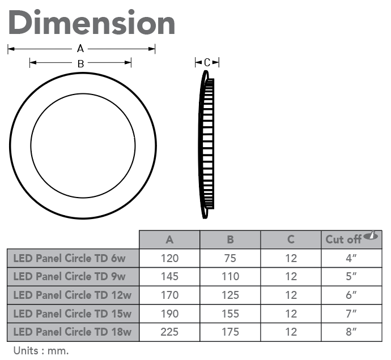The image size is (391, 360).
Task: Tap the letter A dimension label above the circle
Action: [x=80, y=49]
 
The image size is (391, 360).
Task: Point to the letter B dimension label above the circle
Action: [x=80, y=63]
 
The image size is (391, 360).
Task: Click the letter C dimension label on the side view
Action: [x=207, y=62]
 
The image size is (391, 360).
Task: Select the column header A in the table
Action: [x=169, y=239]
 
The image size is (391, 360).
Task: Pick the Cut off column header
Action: [x=343, y=239]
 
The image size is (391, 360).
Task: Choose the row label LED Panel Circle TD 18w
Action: [x=73, y=332]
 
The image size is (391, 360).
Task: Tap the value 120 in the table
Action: [x=169, y=259]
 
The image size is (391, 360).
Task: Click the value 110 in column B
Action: [x=230, y=277]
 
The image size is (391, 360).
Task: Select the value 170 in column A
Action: [x=169, y=295]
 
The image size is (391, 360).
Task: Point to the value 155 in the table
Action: [x=230, y=314]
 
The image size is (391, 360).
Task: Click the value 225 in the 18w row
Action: [x=169, y=332]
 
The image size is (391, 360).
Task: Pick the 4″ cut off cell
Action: [x=351, y=259]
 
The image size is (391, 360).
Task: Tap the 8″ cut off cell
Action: [x=351, y=332]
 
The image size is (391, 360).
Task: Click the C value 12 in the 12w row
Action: [x=291, y=295]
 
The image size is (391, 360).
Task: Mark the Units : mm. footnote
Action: [x=41, y=350]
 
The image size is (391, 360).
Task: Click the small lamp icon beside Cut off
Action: [x=371, y=235]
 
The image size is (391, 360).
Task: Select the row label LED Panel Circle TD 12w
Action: [x=73, y=295]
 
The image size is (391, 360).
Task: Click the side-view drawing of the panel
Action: [x=207, y=144]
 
